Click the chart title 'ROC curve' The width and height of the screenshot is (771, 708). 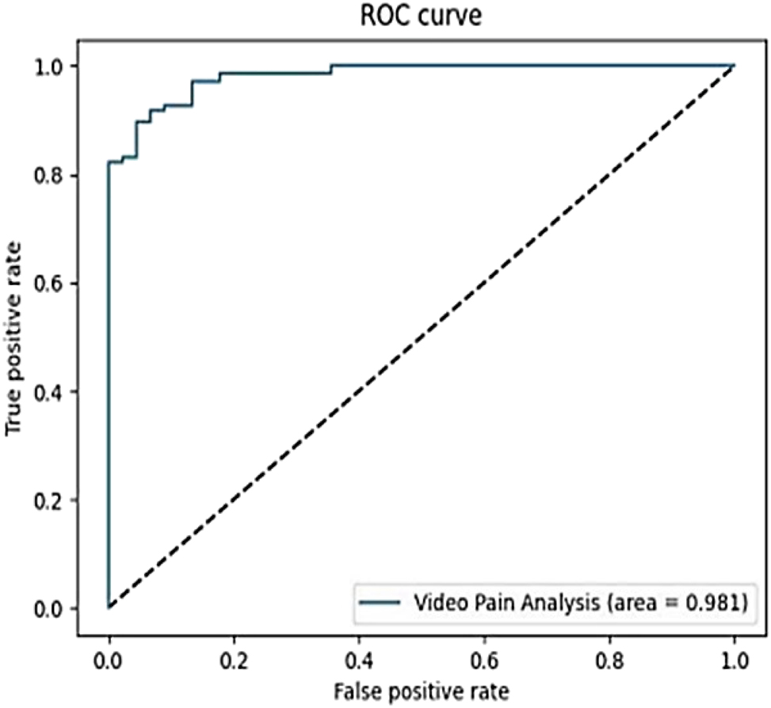421,15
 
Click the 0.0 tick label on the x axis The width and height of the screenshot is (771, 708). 109,660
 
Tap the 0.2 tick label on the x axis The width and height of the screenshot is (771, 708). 234,660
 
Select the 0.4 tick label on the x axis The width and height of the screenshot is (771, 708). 359,660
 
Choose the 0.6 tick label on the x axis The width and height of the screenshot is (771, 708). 484,660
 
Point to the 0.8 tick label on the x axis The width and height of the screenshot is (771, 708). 609,660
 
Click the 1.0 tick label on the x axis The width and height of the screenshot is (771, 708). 734,660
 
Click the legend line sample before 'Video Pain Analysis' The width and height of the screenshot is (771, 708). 382,603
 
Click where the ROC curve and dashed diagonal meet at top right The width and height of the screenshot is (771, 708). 734,66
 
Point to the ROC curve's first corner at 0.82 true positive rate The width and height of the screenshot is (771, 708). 109,162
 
